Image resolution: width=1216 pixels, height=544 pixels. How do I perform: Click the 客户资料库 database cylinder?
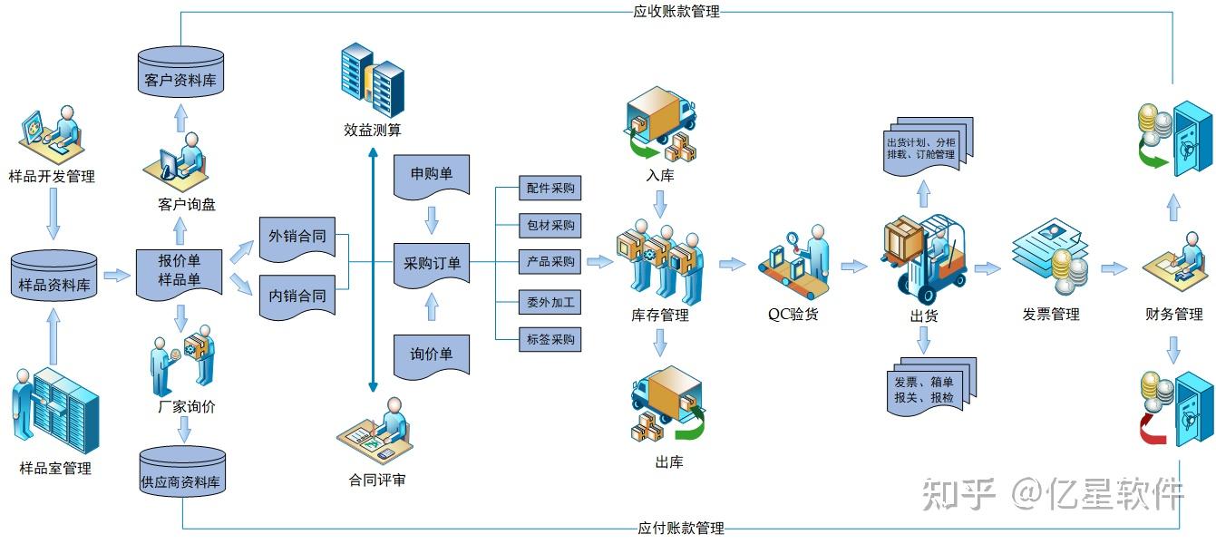point(180,73)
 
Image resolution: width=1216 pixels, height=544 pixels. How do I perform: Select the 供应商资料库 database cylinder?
point(182,471)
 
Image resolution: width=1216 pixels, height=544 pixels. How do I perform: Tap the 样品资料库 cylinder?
point(55,277)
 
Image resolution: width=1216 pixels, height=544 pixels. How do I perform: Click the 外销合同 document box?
point(296,238)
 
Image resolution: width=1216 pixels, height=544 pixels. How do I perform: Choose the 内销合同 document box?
point(296,296)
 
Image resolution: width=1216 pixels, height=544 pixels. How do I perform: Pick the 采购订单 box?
point(432,264)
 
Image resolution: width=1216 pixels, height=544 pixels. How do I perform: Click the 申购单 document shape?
point(432,175)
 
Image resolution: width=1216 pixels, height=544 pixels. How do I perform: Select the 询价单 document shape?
point(432,355)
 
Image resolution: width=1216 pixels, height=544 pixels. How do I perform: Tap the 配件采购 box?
point(550,189)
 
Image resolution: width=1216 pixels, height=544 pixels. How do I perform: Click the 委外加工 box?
point(550,302)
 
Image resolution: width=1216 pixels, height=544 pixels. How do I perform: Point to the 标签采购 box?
point(550,340)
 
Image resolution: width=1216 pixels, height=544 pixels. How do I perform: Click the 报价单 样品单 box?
point(179,271)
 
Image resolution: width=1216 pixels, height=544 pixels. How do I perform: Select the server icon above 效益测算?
point(372,82)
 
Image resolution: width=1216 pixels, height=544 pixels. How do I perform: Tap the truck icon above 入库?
point(660,122)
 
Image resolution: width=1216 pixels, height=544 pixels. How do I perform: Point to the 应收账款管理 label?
point(676,12)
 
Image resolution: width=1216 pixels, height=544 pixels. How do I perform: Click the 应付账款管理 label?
point(680,529)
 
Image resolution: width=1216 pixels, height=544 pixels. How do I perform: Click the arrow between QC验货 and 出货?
point(853,267)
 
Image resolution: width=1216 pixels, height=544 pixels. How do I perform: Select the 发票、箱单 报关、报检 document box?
point(929,388)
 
